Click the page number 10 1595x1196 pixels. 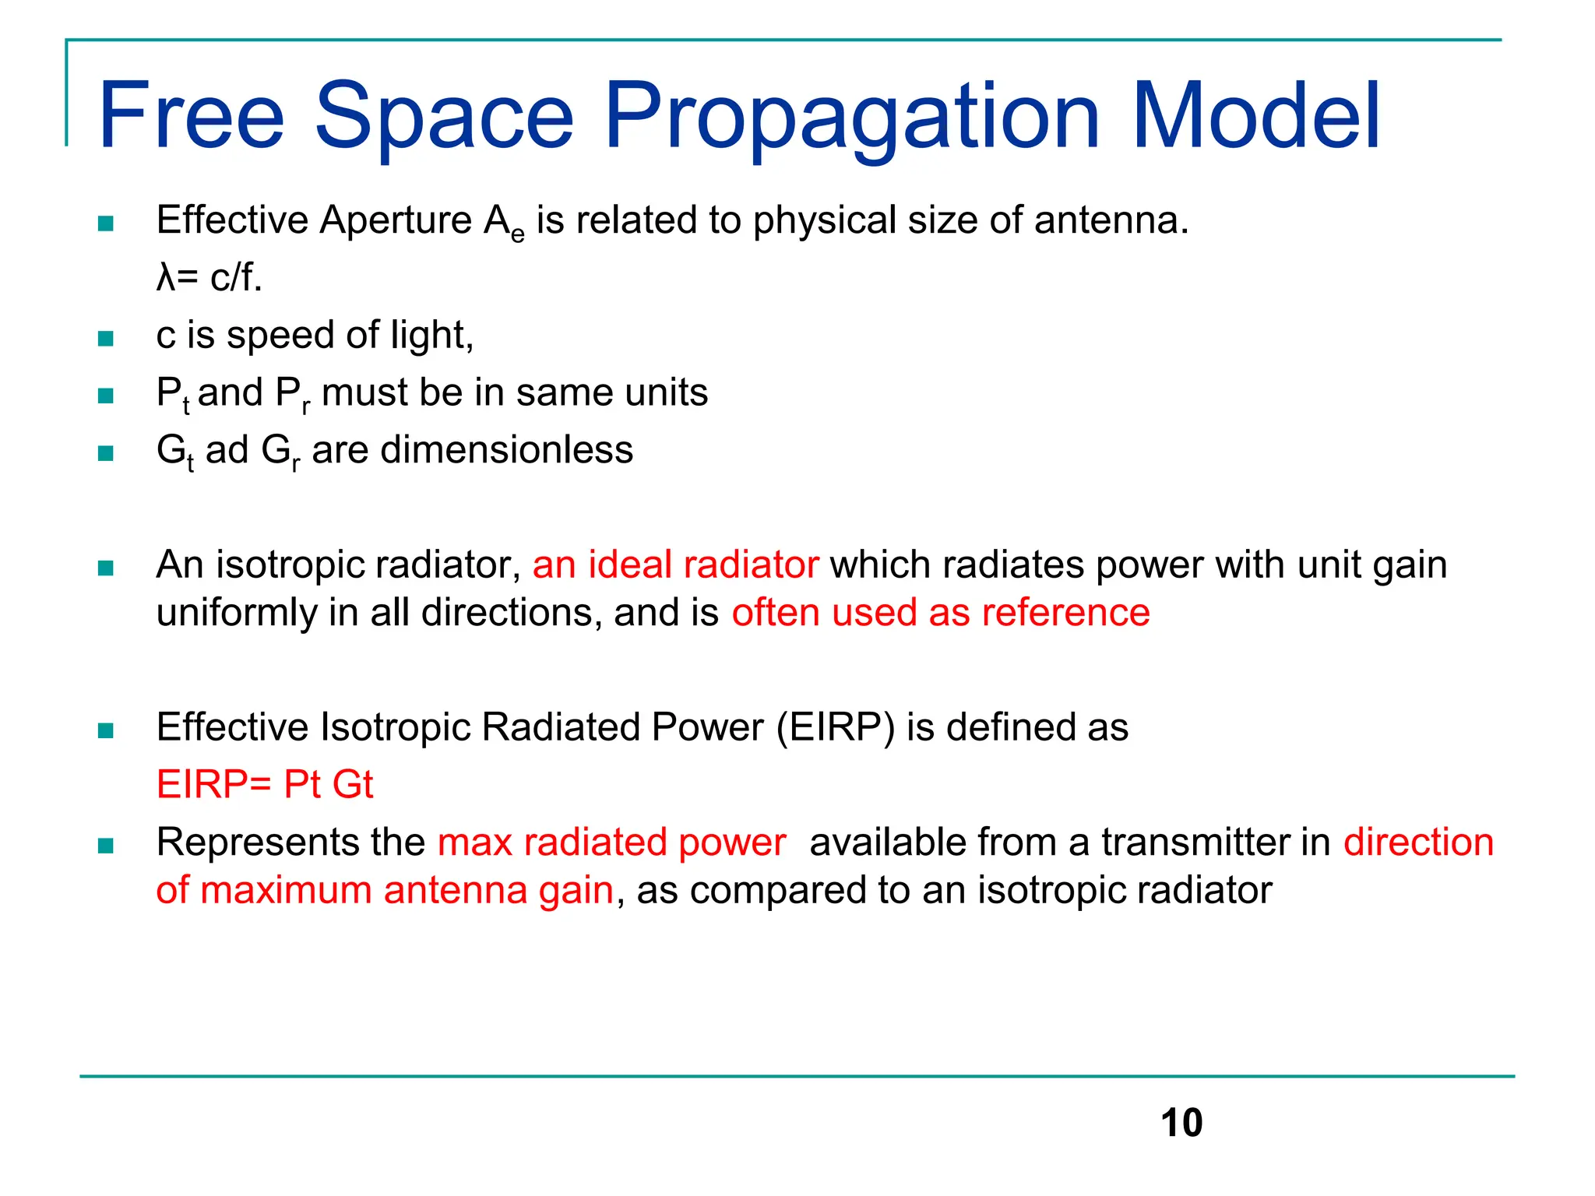tap(1181, 1123)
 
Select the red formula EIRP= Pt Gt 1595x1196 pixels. tap(265, 784)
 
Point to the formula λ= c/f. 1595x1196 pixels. tap(209, 277)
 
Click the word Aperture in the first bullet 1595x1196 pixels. tap(396, 220)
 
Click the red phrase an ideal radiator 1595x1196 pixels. tap(675, 565)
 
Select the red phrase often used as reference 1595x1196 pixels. tap(941, 613)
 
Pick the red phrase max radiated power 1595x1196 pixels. tap(611, 842)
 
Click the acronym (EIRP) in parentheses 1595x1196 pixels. tap(835, 728)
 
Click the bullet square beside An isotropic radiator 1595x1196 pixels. tap(106, 568)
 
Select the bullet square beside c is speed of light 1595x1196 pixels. tap(106, 339)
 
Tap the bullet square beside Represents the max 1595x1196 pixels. tap(106, 846)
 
